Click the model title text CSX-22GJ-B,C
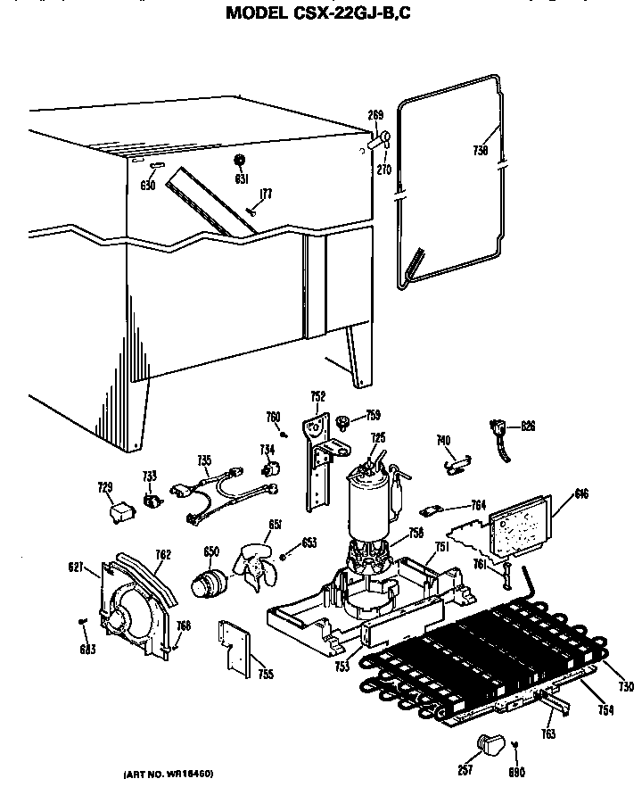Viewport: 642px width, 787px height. pyautogui.click(x=321, y=12)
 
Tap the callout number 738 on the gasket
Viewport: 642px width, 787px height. pyautogui.click(x=480, y=151)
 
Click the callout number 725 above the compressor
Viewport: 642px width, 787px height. pyautogui.click(x=378, y=437)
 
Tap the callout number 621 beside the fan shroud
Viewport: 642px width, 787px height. pyautogui.click(x=77, y=566)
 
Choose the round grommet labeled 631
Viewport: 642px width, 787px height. pyautogui.click(x=239, y=160)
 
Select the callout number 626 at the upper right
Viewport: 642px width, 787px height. pyautogui.click(x=528, y=427)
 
